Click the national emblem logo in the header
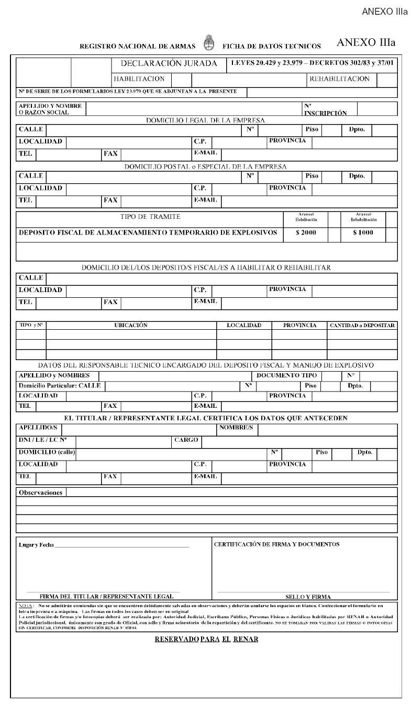(x=208, y=44)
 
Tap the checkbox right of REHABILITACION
(x=386, y=80)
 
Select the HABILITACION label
(x=139, y=79)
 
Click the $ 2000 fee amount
(x=306, y=232)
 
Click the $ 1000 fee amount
(x=363, y=232)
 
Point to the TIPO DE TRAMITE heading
(x=151, y=217)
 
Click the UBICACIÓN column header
(x=131, y=325)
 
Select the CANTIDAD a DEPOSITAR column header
(x=362, y=326)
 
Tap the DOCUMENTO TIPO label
(x=286, y=375)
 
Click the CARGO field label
(x=186, y=440)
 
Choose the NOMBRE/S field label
(x=236, y=428)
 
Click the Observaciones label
(x=40, y=493)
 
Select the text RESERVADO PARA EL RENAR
(x=206, y=639)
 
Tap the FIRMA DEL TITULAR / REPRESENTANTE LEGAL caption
(x=106, y=596)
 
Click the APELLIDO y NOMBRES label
(x=54, y=375)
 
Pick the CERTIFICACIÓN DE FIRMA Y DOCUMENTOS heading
(x=276, y=544)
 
